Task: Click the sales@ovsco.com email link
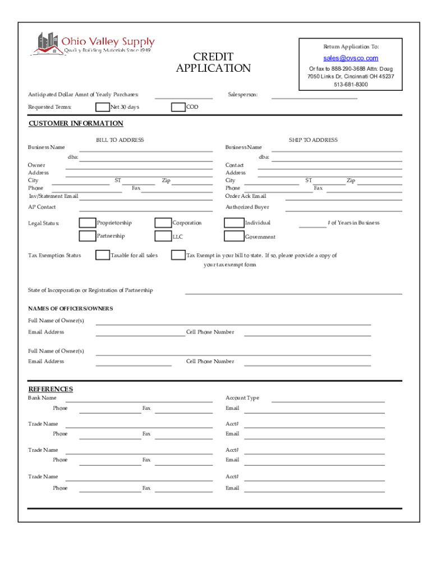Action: (x=351, y=58)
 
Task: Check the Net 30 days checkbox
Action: (x=103, y=107)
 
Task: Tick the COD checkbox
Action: (x=178, y=107)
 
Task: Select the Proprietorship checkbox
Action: (x=87, y=223)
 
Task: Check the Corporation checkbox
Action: (x=163, y=223)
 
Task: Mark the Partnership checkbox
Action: (x=87, y=237)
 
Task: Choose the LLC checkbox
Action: (x=163, y=237)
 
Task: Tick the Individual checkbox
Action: (x=233, y=223)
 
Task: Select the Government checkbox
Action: (x=233, y=237)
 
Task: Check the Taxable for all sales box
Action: (x=103, y=256)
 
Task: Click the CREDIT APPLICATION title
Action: (x=213, y=63)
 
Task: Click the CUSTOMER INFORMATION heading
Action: (x=76, y=123)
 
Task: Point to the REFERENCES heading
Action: (x=50, y=389)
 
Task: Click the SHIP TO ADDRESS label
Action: (x=313, y=140)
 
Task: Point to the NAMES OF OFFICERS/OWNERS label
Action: (x=71, y=309)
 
